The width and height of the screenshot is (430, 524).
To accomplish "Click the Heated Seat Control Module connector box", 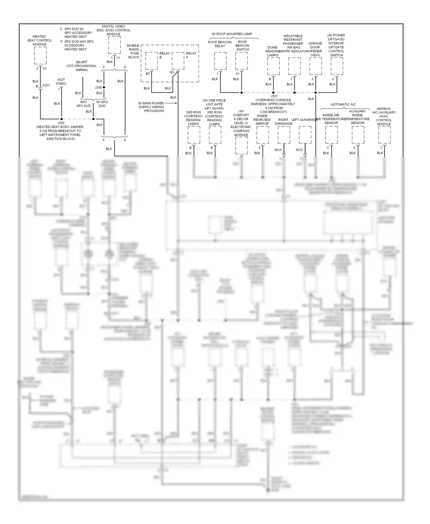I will pos(40,55).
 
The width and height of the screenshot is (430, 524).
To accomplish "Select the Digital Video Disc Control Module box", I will pos(114,45).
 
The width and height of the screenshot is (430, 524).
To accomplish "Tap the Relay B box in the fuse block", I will pos(151,61).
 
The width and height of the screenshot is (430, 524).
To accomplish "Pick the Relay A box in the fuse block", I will pos(178,61).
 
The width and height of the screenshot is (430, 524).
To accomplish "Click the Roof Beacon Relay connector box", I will pos(220,61).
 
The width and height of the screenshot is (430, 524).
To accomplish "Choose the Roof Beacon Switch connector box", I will pos(241,61).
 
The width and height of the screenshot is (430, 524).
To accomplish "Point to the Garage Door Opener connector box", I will pos(316,66).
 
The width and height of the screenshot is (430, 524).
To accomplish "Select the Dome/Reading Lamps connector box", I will pos(273,66).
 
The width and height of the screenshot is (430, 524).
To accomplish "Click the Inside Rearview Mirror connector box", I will pos(263,135).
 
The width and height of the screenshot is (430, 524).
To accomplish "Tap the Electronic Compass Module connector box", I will pos(241,146).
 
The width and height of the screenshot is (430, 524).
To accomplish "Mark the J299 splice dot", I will pos(104,87).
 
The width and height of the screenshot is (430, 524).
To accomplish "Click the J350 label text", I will pos(61,123).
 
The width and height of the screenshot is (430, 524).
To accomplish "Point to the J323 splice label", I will pos(274,96).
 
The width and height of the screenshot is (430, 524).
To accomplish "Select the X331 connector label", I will pos(46,85).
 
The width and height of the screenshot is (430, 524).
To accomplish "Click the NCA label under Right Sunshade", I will pos(278,150).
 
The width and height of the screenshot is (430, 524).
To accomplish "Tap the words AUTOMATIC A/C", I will pos(343,104).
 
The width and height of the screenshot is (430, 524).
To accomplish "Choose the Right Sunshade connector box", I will pos(284,135).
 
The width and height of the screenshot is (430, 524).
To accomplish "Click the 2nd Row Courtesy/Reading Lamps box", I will pos(194,135).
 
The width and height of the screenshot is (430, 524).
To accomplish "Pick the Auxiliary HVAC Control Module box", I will pos(384,135).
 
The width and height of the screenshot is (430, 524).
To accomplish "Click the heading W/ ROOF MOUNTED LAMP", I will pos(232,34).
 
